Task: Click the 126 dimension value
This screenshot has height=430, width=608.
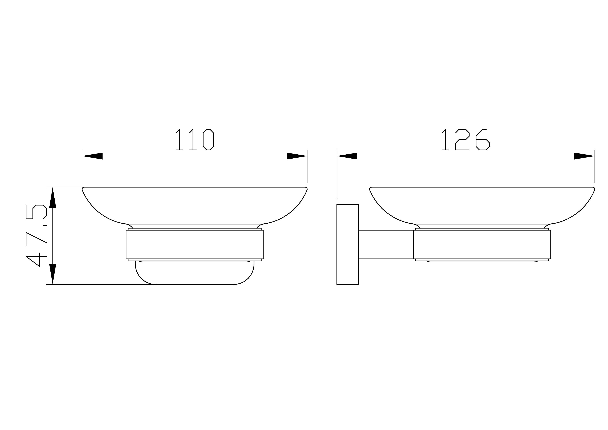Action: click(x=466, y=140)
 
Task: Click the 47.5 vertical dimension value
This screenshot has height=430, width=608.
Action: click(x=36, y=236)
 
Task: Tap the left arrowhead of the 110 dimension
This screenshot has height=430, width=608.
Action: click(x=92, y=156)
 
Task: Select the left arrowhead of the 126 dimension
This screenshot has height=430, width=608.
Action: click(x=347, y=156)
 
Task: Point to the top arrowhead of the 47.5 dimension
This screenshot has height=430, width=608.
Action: click(x=53, y=197)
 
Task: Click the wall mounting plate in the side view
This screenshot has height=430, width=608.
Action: click(x=348, y=244)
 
